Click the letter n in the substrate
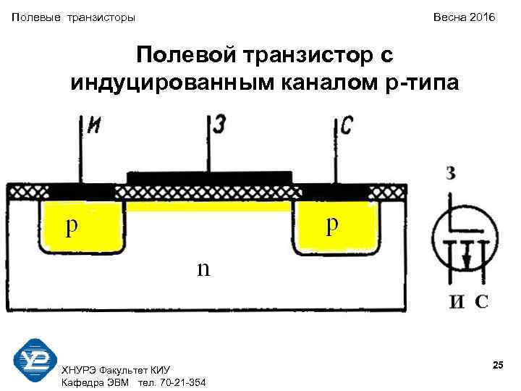tap(203, 268)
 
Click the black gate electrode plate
tap(209, 177)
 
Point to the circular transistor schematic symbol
tap(464, 240)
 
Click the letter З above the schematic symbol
tap(451, 174)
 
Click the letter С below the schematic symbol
tap(480, 302)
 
